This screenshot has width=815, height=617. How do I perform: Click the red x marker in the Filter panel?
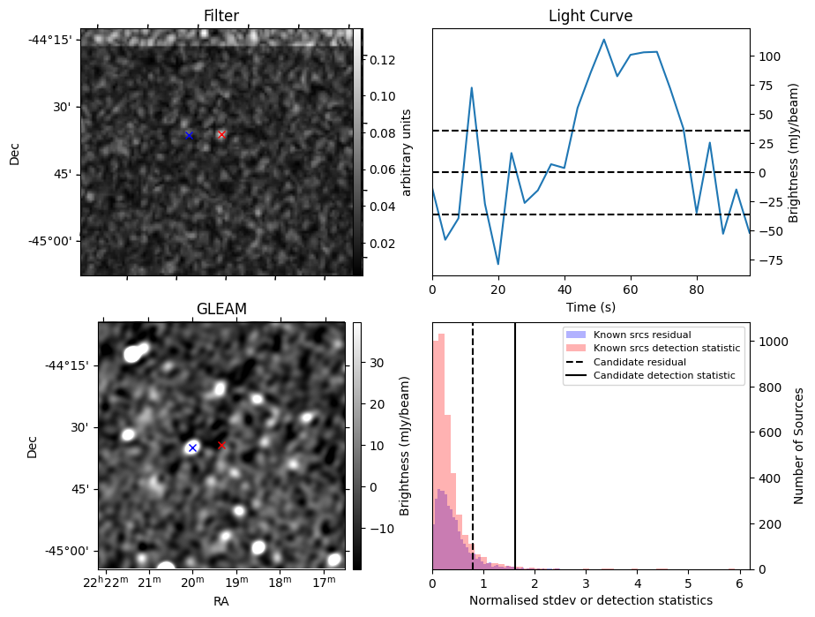coord(221,134)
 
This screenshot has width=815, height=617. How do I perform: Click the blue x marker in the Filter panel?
coord(189,135)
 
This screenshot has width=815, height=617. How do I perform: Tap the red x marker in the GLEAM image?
coord(221,446)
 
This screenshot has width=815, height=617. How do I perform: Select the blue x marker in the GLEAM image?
coord(192,448)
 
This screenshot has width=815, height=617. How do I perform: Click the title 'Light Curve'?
coord(590,16)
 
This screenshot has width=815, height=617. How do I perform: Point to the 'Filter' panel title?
coord(221,16)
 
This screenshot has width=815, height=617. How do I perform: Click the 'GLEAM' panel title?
coord(221,308)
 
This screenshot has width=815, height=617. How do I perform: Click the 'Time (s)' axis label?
coord(590,307)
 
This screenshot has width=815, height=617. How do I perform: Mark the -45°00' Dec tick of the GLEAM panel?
coord(70,551)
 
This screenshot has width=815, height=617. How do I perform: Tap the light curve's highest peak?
coord(603,39)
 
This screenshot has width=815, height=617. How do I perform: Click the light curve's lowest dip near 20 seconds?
coord(498,264)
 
